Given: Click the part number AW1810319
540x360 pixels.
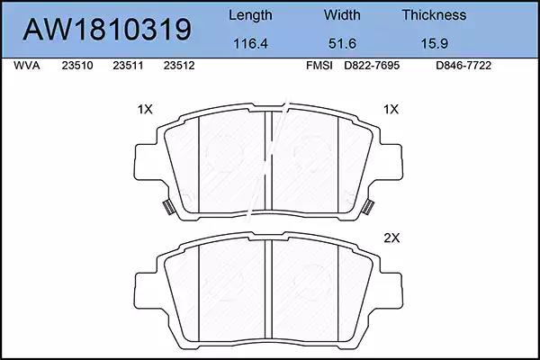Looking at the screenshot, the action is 107,30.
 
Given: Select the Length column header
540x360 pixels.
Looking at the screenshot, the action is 250,15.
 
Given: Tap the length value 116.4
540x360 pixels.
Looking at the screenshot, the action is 250,43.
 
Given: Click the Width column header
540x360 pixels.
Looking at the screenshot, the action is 342,14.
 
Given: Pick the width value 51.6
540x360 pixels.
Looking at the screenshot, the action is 342,43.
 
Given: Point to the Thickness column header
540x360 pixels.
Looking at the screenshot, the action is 434,14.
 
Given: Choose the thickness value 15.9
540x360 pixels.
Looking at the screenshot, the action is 435,43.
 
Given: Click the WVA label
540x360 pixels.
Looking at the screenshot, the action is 26,66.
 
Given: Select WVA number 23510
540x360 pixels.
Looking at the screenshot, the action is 77,66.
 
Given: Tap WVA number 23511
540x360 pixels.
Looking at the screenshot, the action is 128,66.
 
